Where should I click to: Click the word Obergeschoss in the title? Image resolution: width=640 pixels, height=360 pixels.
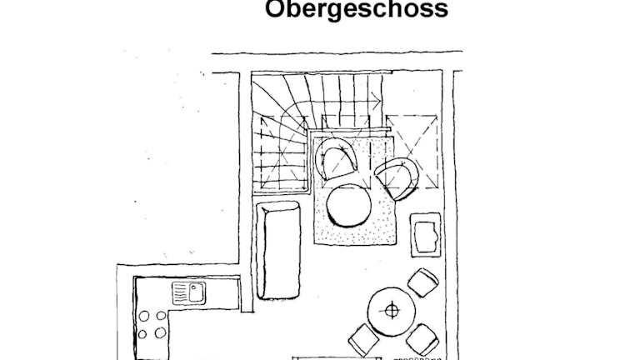pos(357,10)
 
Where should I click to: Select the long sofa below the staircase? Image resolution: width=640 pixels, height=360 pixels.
pos(278,250)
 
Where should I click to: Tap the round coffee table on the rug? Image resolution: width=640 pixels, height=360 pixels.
pos(348,205)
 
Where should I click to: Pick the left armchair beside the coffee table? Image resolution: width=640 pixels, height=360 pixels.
pos(336,158)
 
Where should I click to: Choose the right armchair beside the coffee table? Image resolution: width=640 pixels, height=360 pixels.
pos(397,179)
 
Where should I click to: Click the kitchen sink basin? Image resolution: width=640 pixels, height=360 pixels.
pos(197,292)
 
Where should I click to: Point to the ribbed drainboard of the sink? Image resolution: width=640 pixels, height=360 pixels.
pos(180,292)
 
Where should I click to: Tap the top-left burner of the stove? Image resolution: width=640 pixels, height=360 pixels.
pos(143,316)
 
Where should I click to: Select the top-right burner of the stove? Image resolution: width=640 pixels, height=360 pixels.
pos(161,315)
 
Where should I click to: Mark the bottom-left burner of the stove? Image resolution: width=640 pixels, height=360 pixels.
pos(142,334)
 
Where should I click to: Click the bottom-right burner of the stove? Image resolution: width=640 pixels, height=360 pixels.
pos(160,332)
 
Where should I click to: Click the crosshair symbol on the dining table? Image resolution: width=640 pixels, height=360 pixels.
pos(392,311)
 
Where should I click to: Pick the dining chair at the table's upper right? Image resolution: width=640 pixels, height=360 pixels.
pos(423,282)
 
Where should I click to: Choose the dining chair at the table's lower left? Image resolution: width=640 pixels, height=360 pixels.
pos(363,339)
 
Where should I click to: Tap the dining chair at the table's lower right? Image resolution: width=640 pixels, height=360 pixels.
pos(422,339)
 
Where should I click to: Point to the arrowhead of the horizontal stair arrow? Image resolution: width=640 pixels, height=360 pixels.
pos(377,100)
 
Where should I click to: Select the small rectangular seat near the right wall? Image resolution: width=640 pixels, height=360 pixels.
pos(426,235)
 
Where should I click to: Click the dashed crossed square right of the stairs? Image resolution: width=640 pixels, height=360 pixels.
pos(411,152)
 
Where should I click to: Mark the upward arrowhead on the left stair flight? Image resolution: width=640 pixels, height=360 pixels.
pos(263,121)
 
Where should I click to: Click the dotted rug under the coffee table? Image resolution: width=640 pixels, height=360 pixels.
pos(354,235)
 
